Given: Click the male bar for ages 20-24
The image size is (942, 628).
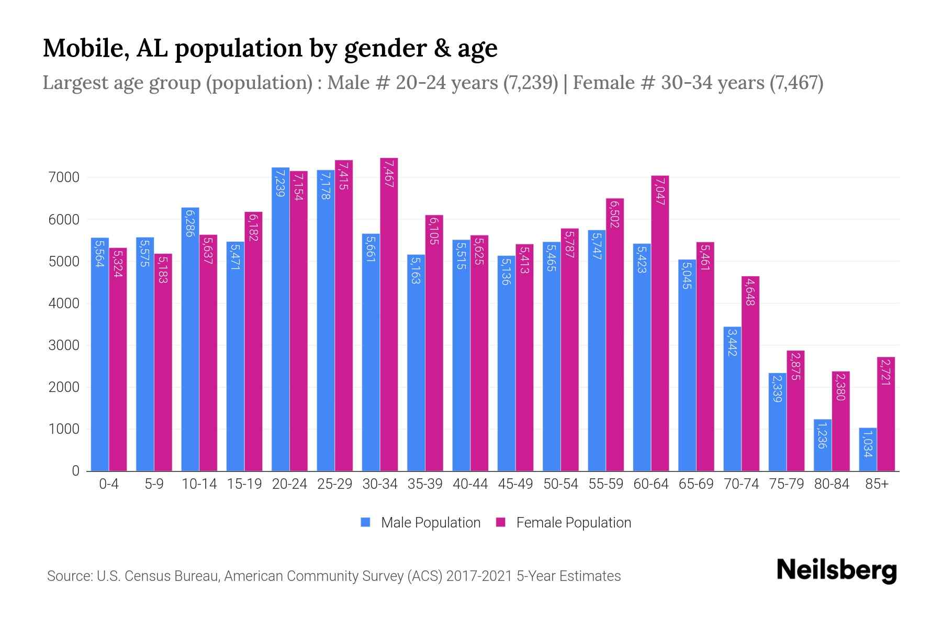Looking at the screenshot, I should tap(281, 319).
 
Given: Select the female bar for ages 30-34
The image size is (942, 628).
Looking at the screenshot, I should tap(389, 314).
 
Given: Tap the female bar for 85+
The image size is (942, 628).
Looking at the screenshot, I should tap(886, 413).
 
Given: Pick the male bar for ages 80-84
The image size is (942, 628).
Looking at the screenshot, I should tap(823, 445).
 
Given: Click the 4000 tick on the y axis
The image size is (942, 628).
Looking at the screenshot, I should tap(64, 304).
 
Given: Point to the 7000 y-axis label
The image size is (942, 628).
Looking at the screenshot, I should tap(64, 177).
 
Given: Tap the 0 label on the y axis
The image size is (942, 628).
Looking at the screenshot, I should tap(76, 471).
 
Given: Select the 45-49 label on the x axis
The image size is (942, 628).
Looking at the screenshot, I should tap(515, 484).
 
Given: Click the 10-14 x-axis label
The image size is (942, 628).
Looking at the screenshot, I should tap(199, 484).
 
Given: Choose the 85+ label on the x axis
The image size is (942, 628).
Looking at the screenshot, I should tap(877, 484).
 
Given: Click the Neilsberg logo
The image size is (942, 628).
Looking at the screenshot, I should tap(836, 570).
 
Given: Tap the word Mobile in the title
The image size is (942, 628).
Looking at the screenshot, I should tap(82, 48).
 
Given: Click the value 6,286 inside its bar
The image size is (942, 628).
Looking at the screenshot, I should tap(189, 223).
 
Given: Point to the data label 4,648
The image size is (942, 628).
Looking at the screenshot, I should tap(750, 292).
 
